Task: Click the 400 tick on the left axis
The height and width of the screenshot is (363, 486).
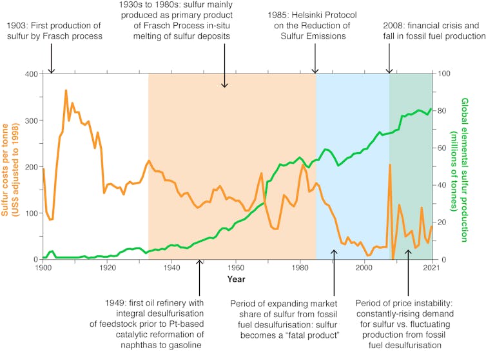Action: tap(31, 74)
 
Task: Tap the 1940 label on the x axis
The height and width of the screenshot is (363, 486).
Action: tap(171, 268)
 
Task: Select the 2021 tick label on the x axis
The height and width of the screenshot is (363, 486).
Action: tap(431, 268)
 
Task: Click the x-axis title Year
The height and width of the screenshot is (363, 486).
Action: tap(235, 279)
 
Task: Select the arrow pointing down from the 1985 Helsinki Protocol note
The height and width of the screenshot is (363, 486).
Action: tap(315, 62)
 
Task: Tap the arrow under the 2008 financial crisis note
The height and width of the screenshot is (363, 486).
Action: tap(389, 62)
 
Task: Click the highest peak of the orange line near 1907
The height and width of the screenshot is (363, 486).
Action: tap(66, 90)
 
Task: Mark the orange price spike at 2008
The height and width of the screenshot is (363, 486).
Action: tap(390, 164)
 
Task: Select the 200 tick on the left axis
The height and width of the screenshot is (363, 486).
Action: tap(31, 166)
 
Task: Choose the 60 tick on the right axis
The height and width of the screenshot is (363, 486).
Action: tap(443, 148)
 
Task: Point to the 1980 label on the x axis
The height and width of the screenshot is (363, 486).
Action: tap(299, 268)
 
